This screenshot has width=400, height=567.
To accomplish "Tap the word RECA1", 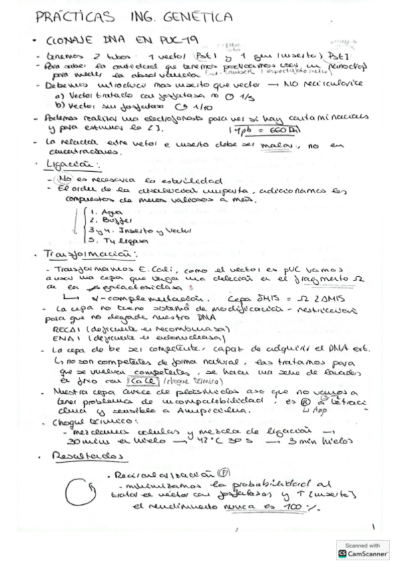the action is click(x=65, y=329).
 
